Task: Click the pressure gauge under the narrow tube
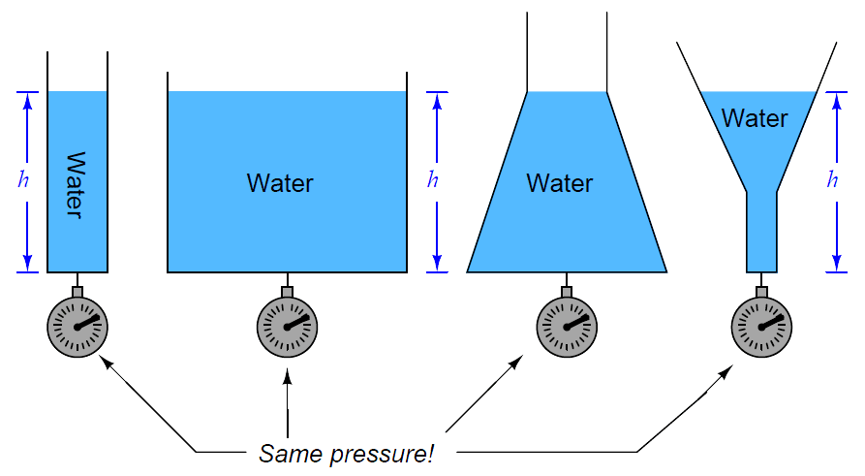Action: pyautogui.click(x=77, y=327)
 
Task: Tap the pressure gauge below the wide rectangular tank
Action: pyautogui.click(x=287, y=327)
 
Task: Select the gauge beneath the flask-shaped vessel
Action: pyautogui.click(x=567, y=327)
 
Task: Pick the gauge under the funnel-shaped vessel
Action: pyautogui.click(x=761, y=327)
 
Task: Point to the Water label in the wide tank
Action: pyautogui.click(x=280, y=182)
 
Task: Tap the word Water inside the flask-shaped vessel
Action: pyautogui.click(x=559, y=182)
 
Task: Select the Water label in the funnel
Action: pyautogui.click(x=755, y=118)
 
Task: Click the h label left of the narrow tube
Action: pyautogui.click(x=24, y=179)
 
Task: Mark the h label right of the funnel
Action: pyautogui.click(x=833, y=179)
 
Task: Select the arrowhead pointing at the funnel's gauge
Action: pyautogui.click(x=727, y=369)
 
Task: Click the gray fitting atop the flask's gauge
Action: pyautogui.click(x=567, y=291)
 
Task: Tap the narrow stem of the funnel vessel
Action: pyautogui.click(x=761, y=233)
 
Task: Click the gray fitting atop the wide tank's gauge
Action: pyautogui.click(x=287, y=291)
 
